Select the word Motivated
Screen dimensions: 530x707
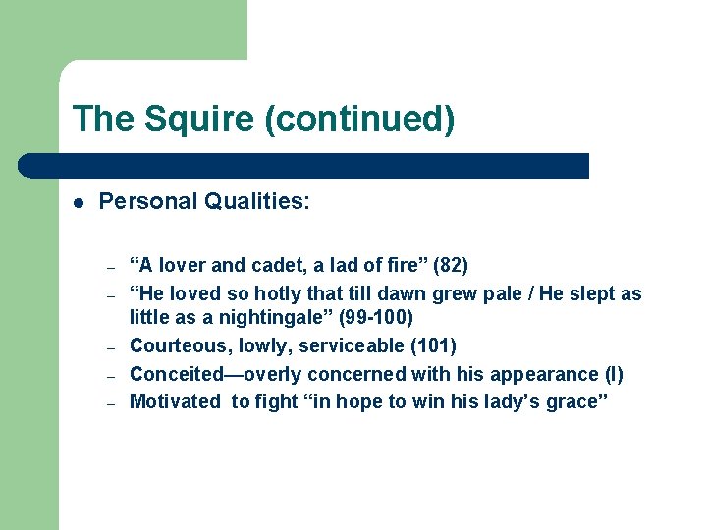pyautogui.click(x=175, y=400)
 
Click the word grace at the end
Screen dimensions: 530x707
pyautogui.click(x=579, y=400)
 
